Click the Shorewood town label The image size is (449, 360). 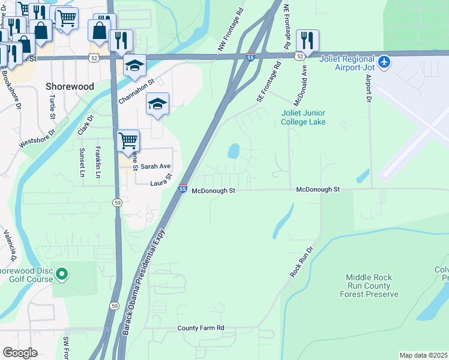[70, 86]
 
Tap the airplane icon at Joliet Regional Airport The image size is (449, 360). [385, 61]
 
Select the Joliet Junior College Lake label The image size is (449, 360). [304, 118]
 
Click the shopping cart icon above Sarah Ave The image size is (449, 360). [128, 141]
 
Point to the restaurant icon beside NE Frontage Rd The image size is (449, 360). [307, 41]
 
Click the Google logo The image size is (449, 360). [20, 353]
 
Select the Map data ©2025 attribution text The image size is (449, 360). [423, 355]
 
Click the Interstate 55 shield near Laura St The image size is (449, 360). [182, 189]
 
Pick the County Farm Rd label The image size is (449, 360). [200, 328]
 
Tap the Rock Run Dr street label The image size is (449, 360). [302, 262]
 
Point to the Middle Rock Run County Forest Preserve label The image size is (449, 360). [369, 286]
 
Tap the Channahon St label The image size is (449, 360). [136, 91]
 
